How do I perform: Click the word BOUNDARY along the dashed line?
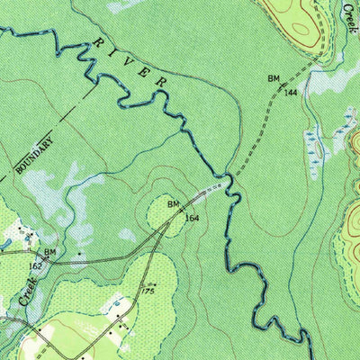[x=34, y=154]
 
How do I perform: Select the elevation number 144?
[x=290, y=93]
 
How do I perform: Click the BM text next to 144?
[x=274, y=79]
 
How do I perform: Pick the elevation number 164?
[x=192, y=218]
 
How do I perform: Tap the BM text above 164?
[x=174, y=204]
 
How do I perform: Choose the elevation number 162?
[x=35, y=266]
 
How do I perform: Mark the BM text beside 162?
[x=50, y=252]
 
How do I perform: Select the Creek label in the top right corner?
[x=348, y=16]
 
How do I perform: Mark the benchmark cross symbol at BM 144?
[x=282, y=85]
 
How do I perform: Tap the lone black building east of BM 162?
[x=80, y=255]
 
